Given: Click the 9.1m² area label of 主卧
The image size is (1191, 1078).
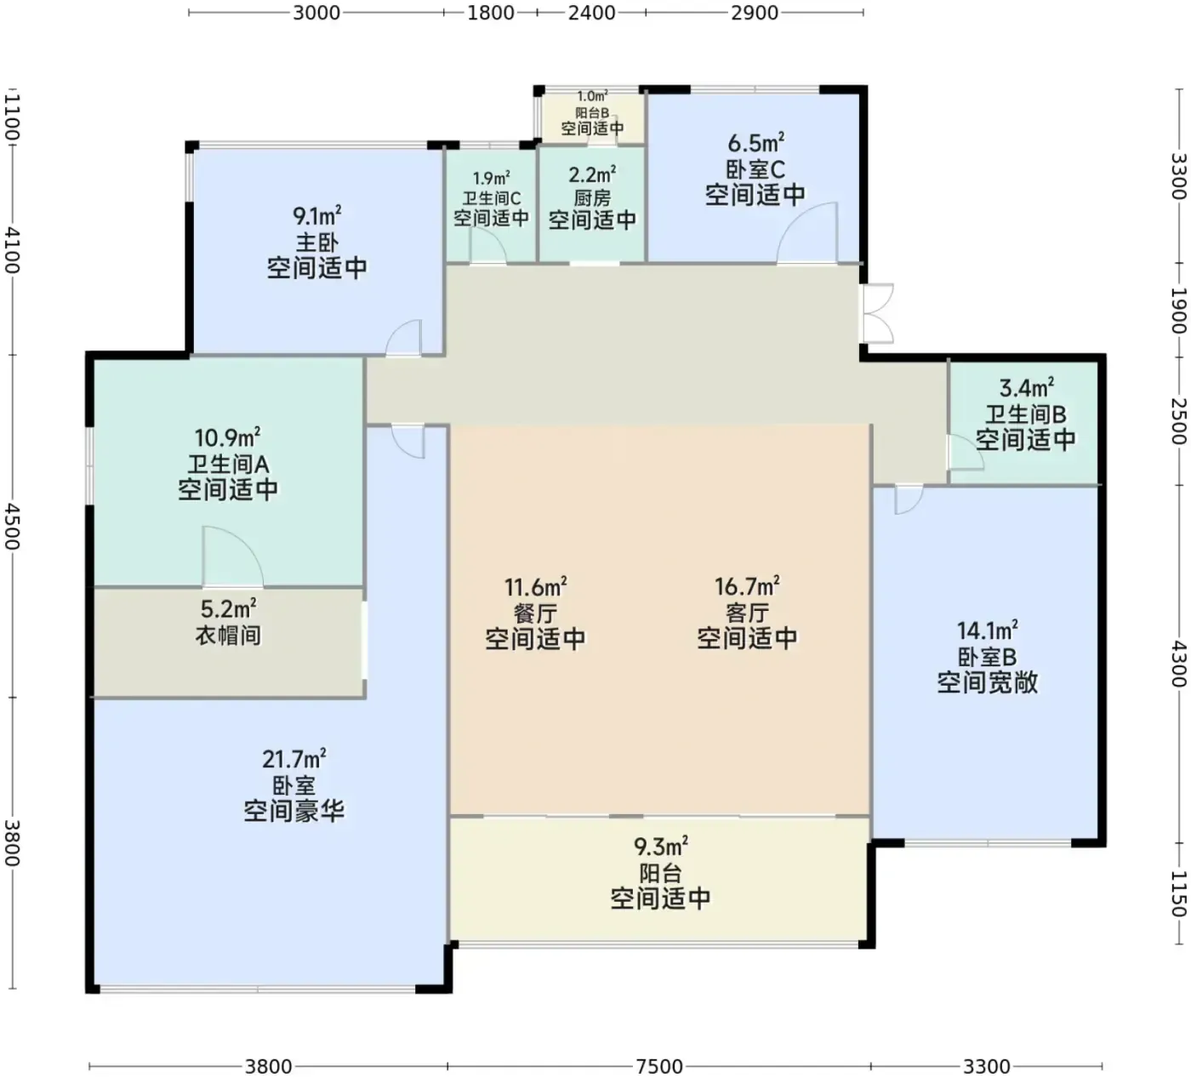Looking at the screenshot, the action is click(x=317, y=215).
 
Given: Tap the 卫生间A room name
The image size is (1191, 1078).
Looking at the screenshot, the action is click(x=229, y=464).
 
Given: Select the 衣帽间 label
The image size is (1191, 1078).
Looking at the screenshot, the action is click(x=229, y=635).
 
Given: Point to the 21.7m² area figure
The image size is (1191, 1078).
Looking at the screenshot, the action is click(x=293, y=759).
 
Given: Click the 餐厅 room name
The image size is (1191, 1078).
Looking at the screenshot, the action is click(x=536, y=613).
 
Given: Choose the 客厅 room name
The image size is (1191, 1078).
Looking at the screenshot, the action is click(x=748, y=613).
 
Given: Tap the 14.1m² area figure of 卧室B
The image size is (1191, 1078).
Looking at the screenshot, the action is click(x=988, y=630).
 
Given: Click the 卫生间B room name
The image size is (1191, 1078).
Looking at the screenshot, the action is click(x=1026, y=414).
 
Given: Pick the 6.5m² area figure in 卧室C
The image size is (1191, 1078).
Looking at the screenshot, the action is click(x=755, y=143).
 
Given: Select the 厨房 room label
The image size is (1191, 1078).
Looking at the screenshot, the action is click(x=592, y=197).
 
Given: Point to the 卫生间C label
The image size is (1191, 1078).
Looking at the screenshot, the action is click(x=492, y=198).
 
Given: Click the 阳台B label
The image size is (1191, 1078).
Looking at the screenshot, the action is click(x=592, y=113).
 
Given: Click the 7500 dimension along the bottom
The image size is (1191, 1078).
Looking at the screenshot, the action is click(x=659, y=1067).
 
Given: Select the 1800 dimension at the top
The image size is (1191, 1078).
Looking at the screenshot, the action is click(x=490, y=13).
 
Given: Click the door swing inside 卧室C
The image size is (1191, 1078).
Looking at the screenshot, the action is click(x=806, y=233).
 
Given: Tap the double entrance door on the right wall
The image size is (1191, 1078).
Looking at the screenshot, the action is click(x=878, y=313).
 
